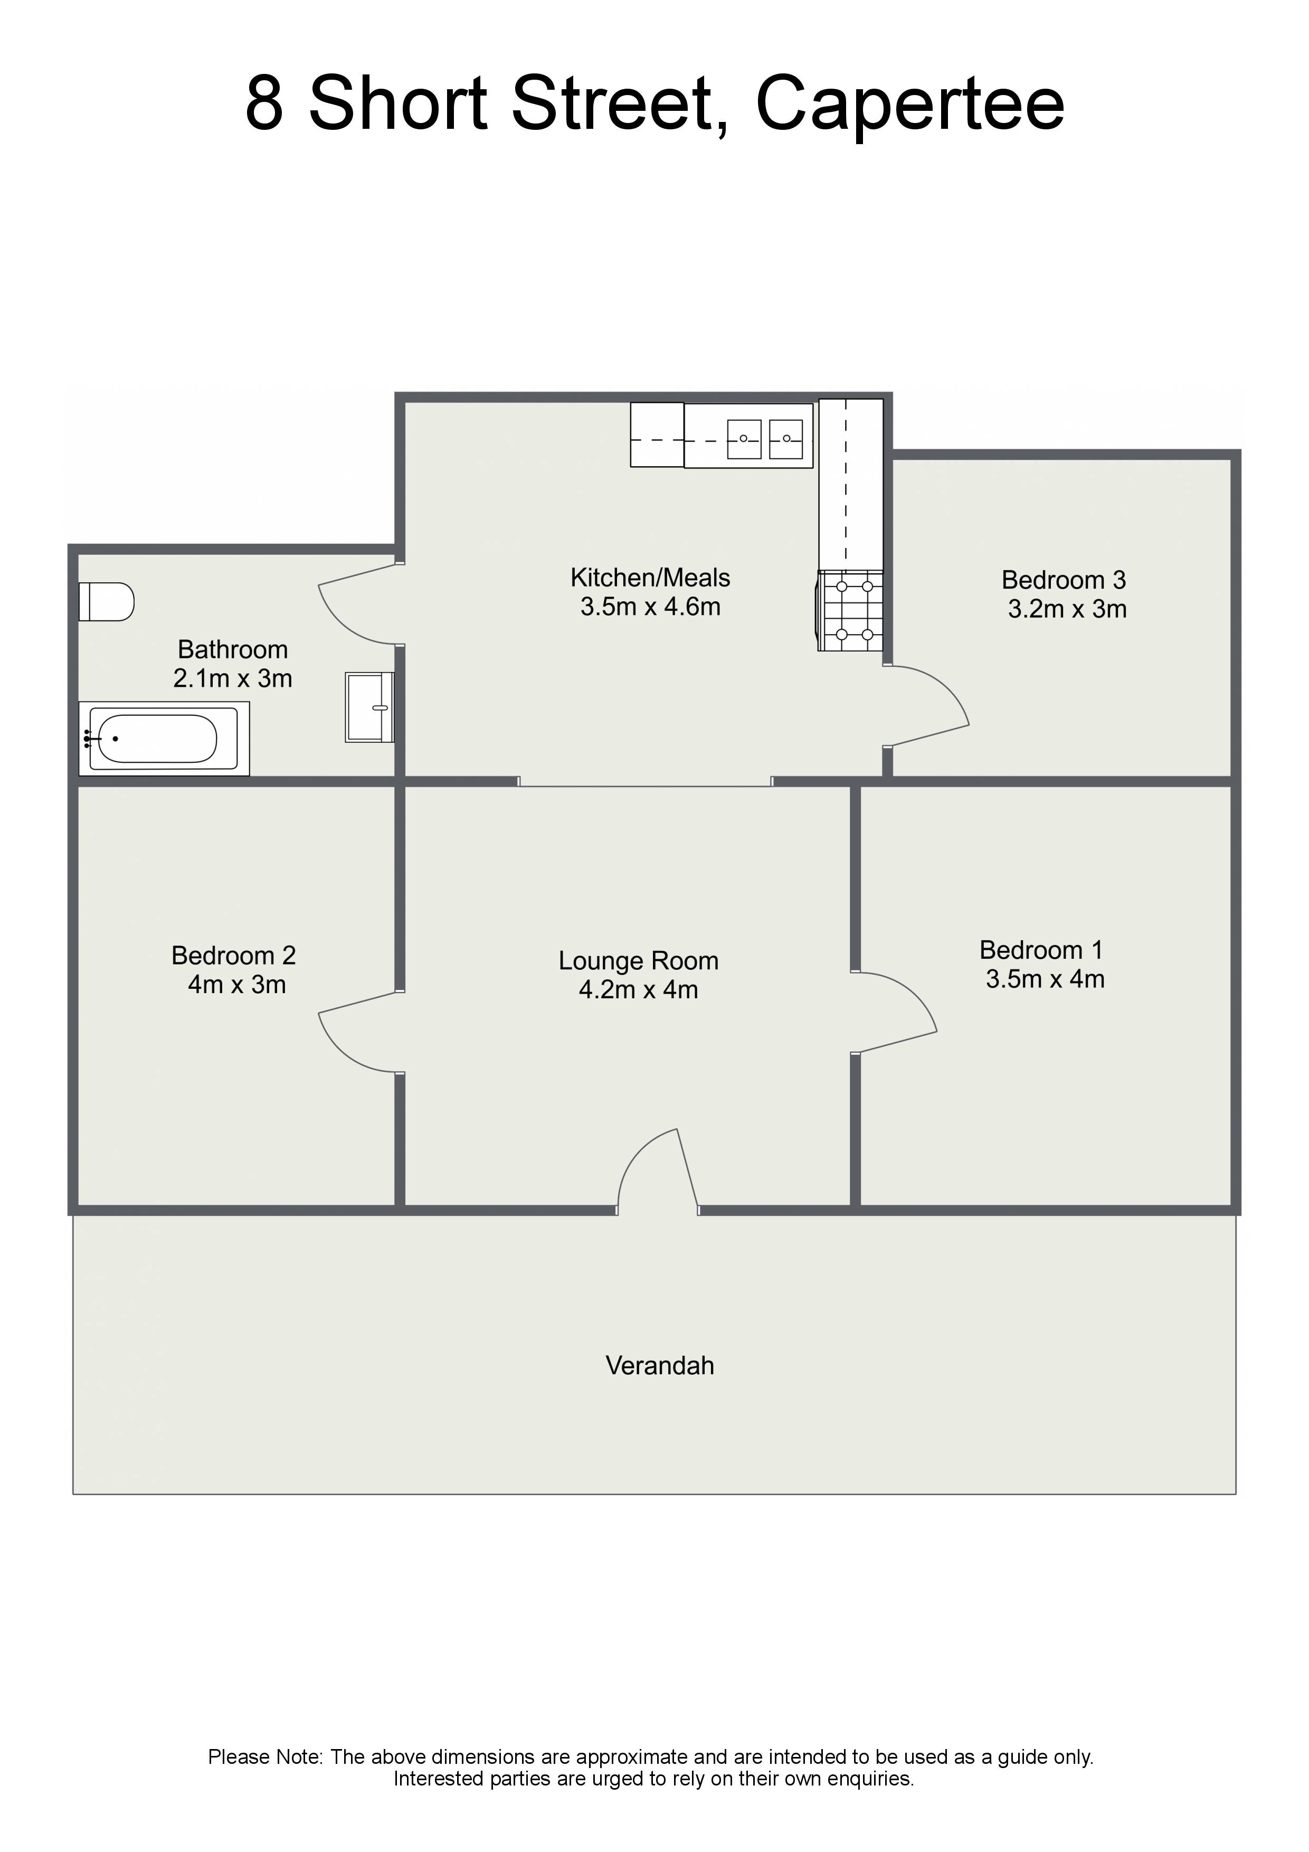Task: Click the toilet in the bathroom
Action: (x=106, y=602)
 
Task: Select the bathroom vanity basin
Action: (x=369, y=707)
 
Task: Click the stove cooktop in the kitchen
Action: (x=850, y=611)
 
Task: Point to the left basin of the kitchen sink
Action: (x=744, y=440)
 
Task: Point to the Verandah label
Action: (x=660, y=1366)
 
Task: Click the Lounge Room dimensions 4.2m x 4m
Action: (x=639, y=990)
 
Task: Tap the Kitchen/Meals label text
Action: (x=650, y=578)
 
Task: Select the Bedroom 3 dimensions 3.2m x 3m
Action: (x=1067, y=609)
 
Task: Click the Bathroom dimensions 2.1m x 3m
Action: (x=233, y=678)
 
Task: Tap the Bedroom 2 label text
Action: (x=234, y=956)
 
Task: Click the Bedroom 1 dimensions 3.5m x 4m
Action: (x=1045, y=979)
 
